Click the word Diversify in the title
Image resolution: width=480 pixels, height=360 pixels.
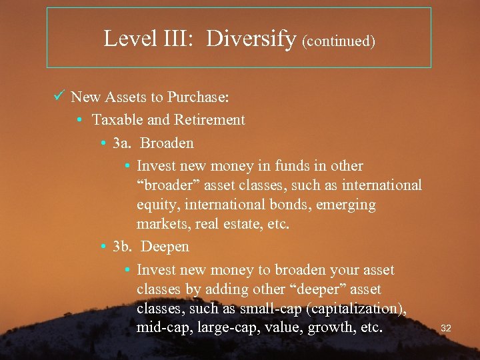tap(251, 39)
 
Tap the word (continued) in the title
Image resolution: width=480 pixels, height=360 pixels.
tap(339, 41)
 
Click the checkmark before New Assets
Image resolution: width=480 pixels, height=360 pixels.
tap(58, 97)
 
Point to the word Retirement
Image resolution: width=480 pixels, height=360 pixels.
tap(209, 120)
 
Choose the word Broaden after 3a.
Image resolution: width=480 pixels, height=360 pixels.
tap(167, 143)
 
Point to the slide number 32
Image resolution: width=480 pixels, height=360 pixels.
tap(446, 328)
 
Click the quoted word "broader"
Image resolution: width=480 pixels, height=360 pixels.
tap(163, 185)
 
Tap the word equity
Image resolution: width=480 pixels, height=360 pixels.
tap(155, 205)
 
